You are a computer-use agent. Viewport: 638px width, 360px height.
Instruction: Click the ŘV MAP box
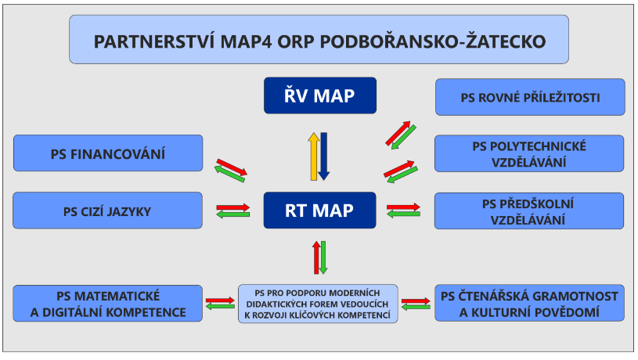coord(320,95)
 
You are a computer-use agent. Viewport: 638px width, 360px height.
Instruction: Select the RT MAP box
coord(319,211)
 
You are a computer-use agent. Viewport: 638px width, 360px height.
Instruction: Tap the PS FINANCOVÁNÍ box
coord(108,153)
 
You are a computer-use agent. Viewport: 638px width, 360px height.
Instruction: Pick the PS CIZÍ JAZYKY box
coord(107,211)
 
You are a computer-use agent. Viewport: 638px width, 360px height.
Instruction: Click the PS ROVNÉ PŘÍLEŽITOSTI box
coord(530,97)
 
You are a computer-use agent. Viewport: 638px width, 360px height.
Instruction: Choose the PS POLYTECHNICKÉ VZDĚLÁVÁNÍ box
coord(529,153)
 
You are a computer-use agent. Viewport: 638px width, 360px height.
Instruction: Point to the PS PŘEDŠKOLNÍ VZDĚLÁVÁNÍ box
coord(529,211)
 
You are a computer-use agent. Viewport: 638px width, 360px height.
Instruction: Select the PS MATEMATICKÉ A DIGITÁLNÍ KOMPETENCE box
coord(107,304)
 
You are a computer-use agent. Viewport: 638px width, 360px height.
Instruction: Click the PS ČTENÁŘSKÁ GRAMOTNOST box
coord(529,303)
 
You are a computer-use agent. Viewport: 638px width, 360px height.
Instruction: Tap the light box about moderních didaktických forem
coord(318,304)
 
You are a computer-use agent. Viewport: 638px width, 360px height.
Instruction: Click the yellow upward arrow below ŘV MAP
coord(314,157)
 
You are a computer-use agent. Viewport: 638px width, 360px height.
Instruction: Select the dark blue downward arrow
coord(324,157)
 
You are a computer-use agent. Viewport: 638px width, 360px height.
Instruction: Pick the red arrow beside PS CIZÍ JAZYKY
coord(232,207)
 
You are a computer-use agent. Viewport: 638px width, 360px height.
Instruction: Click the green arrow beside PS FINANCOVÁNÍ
coord(229,174)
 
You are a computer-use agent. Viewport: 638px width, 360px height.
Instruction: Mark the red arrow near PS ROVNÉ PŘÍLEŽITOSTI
coord(398,132)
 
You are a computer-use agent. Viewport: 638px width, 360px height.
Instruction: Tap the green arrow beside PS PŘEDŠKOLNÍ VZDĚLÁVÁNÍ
coord(404,214)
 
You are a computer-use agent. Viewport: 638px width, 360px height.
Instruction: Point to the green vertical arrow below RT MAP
coord(323,257)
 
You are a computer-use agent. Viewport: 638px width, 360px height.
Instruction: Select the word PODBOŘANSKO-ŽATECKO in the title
coord(433,41)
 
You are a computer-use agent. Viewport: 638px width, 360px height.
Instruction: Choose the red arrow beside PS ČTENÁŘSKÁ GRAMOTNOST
coord(416,301)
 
